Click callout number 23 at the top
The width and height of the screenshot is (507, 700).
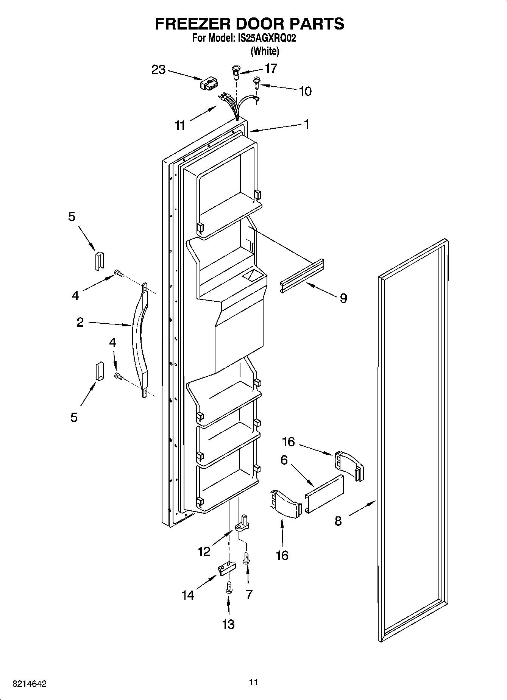tap(158, 70)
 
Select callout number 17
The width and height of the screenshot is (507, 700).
tap(271, 68)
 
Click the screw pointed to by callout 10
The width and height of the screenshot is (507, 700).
tap(257, 82)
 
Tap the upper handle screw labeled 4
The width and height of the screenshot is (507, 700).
tap(119, 273)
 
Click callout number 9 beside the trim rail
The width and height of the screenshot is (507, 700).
tap(343, 298)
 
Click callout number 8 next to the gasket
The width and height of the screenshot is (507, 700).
tap(338, 521)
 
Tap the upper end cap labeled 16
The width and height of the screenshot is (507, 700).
tap(348, 466)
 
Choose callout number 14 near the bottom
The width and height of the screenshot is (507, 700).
tap(188, 595)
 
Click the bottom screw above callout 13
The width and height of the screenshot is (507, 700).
tap(228, 587)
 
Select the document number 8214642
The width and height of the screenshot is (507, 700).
tap(30, 684)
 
